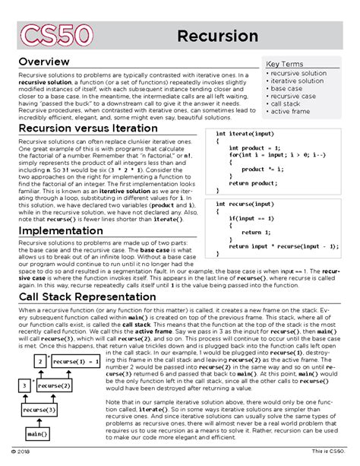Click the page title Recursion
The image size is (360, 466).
coord(217,36)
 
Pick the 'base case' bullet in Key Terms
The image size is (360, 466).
coord(287,89)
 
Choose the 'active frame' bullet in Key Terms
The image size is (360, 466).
coord(291,113)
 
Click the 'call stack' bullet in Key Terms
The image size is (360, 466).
coord(287,105)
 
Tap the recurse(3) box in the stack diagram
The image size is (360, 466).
coord(39,410)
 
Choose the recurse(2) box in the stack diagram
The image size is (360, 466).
coord(54,386)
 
